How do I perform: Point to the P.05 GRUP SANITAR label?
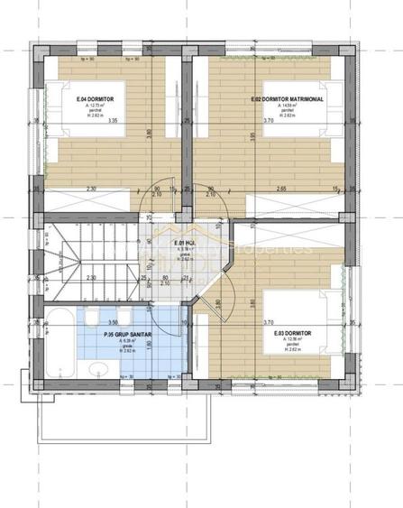(125, 334)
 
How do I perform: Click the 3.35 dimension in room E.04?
(112, 120)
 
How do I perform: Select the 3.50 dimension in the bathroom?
(113, 321)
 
